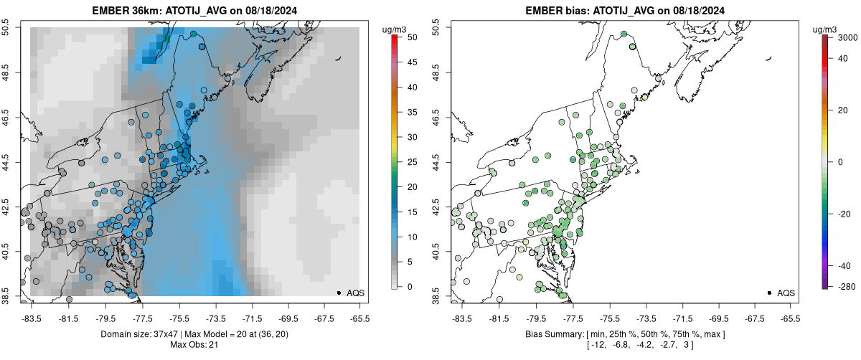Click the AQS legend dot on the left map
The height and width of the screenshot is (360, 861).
339,293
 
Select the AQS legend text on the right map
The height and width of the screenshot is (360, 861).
786,293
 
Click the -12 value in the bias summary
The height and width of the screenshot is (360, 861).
593,345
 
